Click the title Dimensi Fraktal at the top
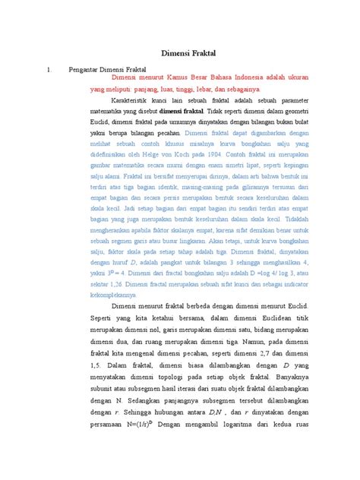[180, 55]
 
